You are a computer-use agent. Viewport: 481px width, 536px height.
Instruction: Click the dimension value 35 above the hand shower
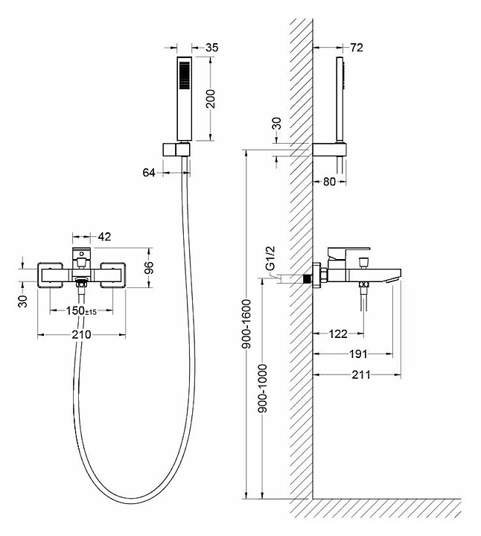[x=212, y=48]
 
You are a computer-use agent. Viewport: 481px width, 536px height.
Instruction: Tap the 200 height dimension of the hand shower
[x=211, y=99]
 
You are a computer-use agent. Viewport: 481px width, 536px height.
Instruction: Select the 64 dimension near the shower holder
[x=149, y=173]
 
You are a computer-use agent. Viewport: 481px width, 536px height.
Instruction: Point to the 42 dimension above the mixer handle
[x=104, y=237]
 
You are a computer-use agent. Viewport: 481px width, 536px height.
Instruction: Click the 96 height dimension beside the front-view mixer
[x=149, y=268]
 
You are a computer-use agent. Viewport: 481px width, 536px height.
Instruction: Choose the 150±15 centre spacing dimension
[x=81, y=310]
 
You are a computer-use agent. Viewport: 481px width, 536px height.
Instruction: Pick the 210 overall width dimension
[x=81, y=334]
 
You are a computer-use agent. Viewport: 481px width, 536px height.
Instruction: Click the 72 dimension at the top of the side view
[x=357, y=48]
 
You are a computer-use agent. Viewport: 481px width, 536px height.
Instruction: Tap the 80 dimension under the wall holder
[x=329, y=182]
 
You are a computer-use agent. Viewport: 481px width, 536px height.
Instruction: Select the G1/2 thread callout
[x=270, y=258]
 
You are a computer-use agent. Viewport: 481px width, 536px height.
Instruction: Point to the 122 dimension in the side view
[x=338, y=334]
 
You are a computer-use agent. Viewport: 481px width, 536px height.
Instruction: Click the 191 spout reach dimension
[x=358, y=354]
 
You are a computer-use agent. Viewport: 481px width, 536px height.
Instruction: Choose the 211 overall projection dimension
[x=361, y=375]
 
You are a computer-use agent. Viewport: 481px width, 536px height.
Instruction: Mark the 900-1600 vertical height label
[x=246, y=324]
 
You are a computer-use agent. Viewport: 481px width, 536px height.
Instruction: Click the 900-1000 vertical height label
[x=263, y=389]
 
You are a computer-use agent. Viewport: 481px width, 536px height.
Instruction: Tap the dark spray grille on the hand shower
[x=184, y=76]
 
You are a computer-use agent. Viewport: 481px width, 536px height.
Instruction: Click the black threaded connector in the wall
[x=308, y=279]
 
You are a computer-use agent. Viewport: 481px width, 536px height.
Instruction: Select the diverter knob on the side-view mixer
[x=363, y=263]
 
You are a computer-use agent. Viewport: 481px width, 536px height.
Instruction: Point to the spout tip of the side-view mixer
[x=393, y=281]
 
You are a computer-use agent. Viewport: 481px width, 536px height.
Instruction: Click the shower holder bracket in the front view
[x=176, y=150]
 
